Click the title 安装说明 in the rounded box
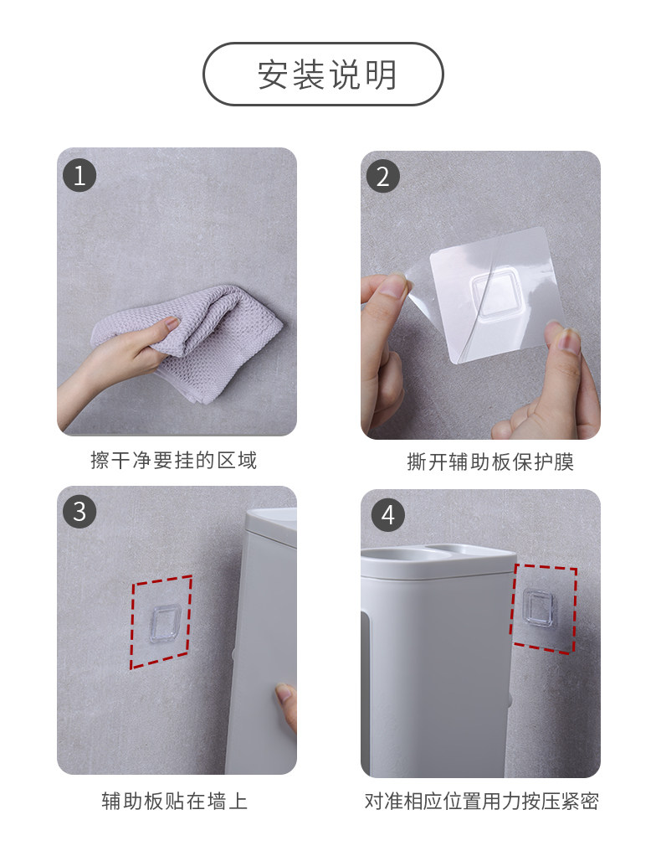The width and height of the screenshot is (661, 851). [x=327, y=75]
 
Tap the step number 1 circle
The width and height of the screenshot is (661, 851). [x=79, y=176]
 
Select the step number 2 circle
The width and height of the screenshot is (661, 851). [x=383, y=177]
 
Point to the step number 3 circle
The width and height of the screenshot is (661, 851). [x=79, y=511]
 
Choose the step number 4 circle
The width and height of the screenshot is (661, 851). [x=388, y=514]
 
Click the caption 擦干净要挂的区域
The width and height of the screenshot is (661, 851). [x=173, y=460]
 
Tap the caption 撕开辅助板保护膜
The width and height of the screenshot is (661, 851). [x=490, y=462]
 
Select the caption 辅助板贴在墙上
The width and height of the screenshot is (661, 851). [x=175, y=801]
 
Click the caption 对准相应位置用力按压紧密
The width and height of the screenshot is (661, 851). [x=481, y=801]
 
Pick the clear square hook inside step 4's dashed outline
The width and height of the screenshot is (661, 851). [x=540, y=607]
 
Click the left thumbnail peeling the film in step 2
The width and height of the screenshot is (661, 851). [x=394, y=285]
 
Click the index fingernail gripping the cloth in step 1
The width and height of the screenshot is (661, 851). [x=172, y=323]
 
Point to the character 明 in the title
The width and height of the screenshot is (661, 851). [x=381, y=75]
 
